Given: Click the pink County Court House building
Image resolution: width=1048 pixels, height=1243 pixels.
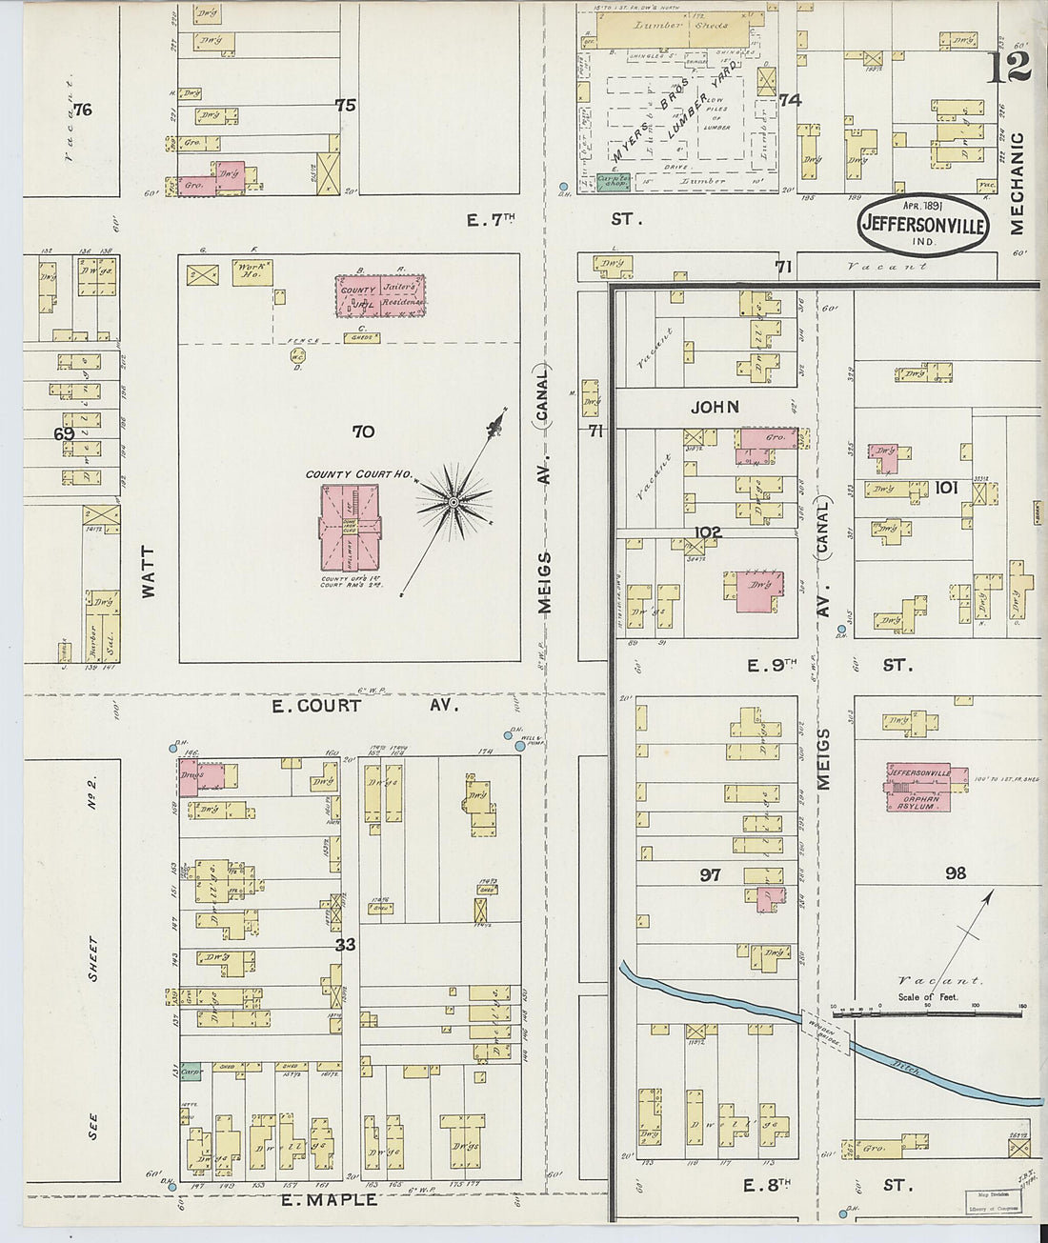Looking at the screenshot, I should click(350, 529).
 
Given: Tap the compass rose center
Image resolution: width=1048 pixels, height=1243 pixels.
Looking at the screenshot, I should click(454, 501).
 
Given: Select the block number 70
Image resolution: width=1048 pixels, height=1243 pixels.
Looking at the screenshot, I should click(363, 431).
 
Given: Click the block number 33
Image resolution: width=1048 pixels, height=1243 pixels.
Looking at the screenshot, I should click(345, 946).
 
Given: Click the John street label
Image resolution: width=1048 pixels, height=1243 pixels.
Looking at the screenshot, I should click(715, 407).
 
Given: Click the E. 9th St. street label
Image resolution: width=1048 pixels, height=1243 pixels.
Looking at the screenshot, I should click(829, 666).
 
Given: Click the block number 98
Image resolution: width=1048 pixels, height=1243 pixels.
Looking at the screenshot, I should click(956, 873).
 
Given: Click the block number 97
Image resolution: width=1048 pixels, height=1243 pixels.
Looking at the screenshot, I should click(710, 874).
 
